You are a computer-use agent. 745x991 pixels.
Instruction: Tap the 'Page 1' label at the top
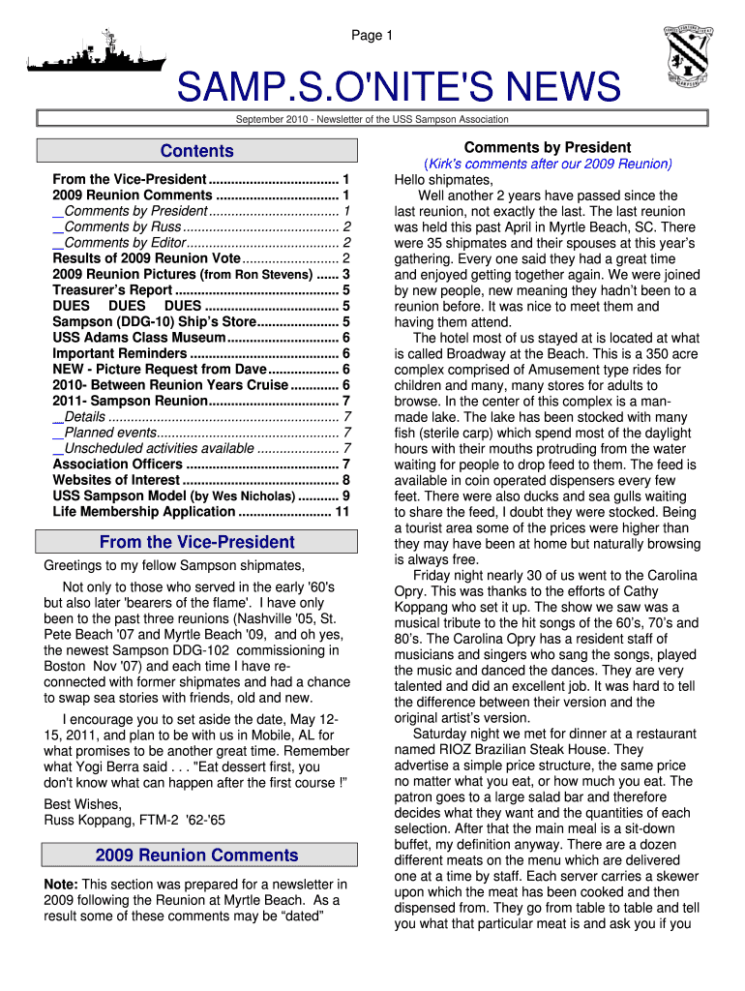(x=372, y=36)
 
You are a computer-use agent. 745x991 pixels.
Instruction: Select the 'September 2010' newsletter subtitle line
(x=372, y=119)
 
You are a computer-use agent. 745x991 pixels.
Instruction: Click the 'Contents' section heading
(x=196, y=151)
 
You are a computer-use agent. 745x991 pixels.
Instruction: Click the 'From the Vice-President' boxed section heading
(x=196, y=542)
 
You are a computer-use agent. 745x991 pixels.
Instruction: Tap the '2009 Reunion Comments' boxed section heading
(x=196, y=855)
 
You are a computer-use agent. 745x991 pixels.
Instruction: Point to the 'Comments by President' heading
(x=548, y=147)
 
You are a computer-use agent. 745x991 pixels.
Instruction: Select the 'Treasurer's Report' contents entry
(x=112, y=289)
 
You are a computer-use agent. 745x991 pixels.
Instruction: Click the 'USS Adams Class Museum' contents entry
(x=139, y=338)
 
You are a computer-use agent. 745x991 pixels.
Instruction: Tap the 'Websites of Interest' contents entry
(x=116, y=480)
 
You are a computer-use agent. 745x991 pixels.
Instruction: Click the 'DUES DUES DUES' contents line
(x=126, y=306)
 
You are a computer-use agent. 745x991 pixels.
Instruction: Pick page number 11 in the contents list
(x=342, y=512)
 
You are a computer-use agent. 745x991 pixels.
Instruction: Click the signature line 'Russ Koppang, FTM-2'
(x=134, y=820)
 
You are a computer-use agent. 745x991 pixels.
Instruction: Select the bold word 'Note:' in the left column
(x=62, y=884)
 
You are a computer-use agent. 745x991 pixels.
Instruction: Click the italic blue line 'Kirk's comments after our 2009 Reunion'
(x=548, y=164)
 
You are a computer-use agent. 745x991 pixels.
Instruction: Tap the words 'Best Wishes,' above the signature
(x=83, y=804)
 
